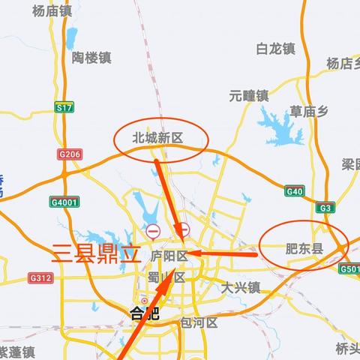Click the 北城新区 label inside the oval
(x=157, y=138)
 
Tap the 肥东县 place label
(x=304, y=248)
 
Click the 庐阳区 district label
(x=167, y=256)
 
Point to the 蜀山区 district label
(x=166, y=277)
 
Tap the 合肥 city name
(x=145, y=313)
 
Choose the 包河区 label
(x=199, y=322)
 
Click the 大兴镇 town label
(x=241, y=286)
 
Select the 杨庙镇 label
(x=52, y=10)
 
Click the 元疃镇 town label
(x=248, y=95)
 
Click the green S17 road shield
(x=64, y=109)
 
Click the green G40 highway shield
(x=295, y=192)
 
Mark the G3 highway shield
(x=325, y=208)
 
